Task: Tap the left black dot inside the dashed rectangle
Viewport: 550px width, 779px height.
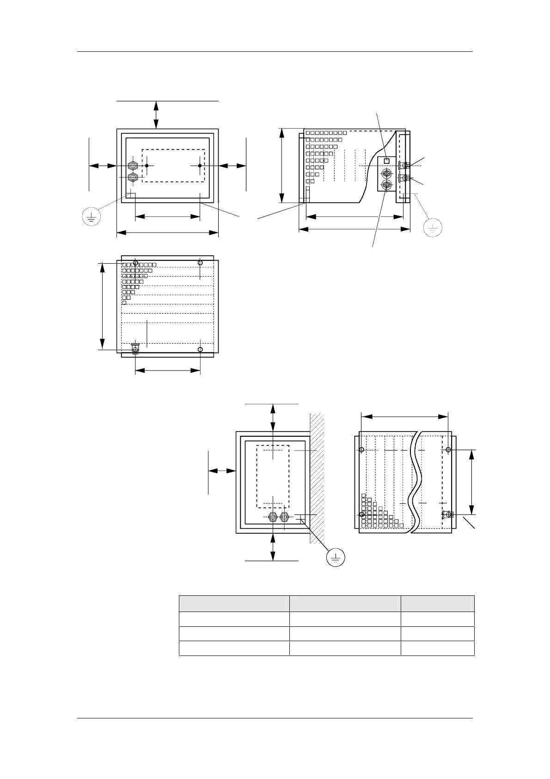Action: coord(147,166)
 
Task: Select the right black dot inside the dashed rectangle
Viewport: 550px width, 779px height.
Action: coord(200,166)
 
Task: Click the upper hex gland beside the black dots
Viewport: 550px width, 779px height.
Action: coord(133,166)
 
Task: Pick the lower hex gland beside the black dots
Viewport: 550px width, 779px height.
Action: coord(133,177)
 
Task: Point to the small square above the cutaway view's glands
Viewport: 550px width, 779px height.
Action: coord(387,161)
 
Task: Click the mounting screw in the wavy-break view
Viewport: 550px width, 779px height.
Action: coord(447,514)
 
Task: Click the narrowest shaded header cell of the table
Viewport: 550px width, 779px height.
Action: coord(437,604)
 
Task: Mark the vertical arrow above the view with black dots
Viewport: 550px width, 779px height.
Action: coord(156,114)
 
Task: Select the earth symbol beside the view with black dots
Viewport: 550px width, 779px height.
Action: coord(92,216)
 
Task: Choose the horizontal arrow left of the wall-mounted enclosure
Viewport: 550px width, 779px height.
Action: coord(222,471)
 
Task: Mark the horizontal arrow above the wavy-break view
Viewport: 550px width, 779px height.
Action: coord(404,416)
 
